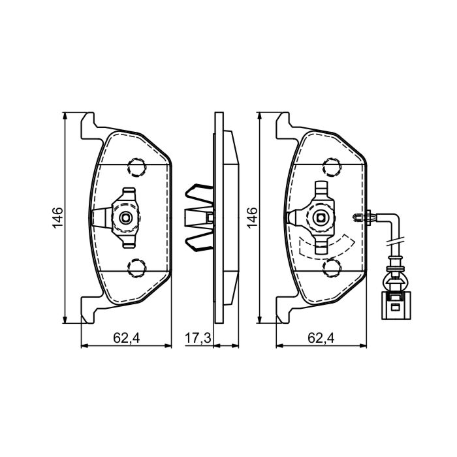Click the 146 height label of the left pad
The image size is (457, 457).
point(57,217)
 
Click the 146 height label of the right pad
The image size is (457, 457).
point(252,217)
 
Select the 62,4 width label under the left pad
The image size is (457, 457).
point(127,338)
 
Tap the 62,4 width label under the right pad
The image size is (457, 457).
point(321,338)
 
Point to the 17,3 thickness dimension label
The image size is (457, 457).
point(198,338)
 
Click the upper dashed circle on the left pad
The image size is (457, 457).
point(136,167)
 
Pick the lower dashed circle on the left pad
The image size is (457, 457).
point(136,268)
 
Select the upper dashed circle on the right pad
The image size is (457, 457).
point(332,167)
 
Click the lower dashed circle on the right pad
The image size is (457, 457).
point(332,268)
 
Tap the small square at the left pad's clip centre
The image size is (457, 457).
point(126,217)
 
